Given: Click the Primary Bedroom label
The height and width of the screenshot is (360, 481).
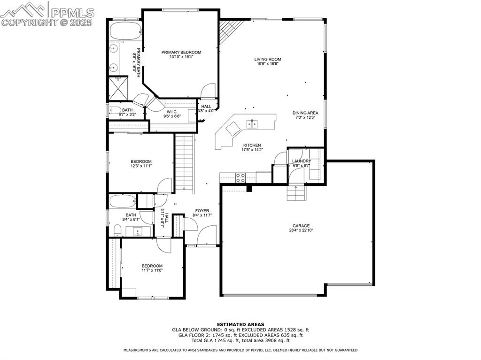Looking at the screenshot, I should [x=181, y=52].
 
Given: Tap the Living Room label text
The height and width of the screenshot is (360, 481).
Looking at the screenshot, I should [x=268, y=59].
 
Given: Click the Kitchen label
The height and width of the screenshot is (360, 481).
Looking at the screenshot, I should [x=252, y=146].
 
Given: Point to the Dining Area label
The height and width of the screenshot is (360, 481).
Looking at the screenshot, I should [x=305, y=113].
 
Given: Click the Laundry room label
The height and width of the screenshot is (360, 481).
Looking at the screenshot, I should [x=302, y=161].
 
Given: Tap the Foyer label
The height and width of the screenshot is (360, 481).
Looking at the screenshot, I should [x=202, y=211].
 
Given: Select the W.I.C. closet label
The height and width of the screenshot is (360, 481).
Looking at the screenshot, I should [x=171, y=112].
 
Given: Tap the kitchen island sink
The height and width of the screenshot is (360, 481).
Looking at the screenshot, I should [x=252, y=123].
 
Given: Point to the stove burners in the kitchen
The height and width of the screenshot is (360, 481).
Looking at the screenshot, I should [x=240, y=177].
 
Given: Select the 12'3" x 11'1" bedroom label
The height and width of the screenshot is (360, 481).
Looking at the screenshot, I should [x=141, y=161].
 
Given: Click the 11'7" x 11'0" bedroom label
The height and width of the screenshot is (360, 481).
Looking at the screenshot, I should [x=152, y=266].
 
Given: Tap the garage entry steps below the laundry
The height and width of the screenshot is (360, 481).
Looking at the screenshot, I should [x=296, y=192].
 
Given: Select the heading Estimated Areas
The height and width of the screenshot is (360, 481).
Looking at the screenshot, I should [x=240, y=324].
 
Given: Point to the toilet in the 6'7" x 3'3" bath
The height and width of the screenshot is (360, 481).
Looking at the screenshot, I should [x=114, y=111].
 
